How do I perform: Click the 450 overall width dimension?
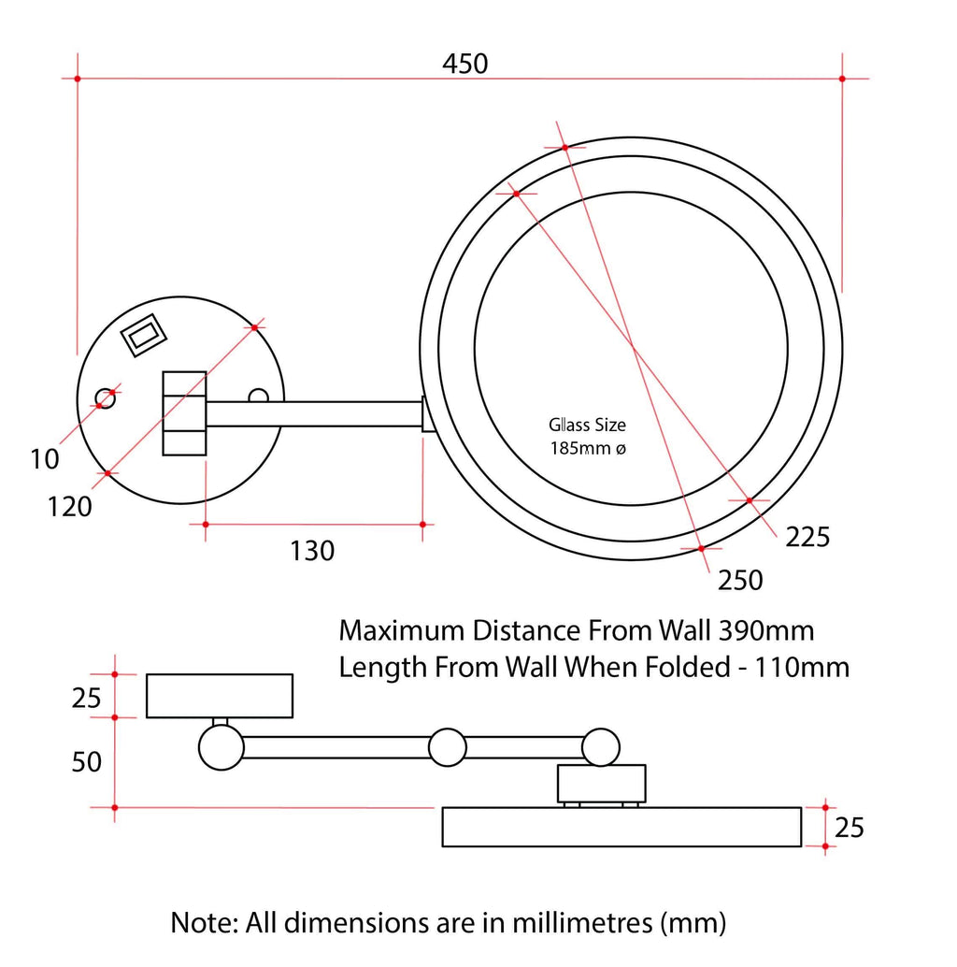coord(464,64)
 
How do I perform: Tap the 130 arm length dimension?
coord(311,551)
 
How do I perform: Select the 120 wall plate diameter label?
coord(71,506)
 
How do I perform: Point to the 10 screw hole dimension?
coord(43,459)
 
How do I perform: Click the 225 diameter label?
coord(807,537)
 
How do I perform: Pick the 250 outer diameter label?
coord(740,581)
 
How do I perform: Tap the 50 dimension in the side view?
coord(86,762)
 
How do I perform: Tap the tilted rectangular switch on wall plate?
coord(144,334)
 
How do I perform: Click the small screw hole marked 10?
coord(106,399)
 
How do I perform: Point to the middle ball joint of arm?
coord(447,747)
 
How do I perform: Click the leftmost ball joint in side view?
coord(221,748)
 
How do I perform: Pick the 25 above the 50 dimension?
coord(86,699)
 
